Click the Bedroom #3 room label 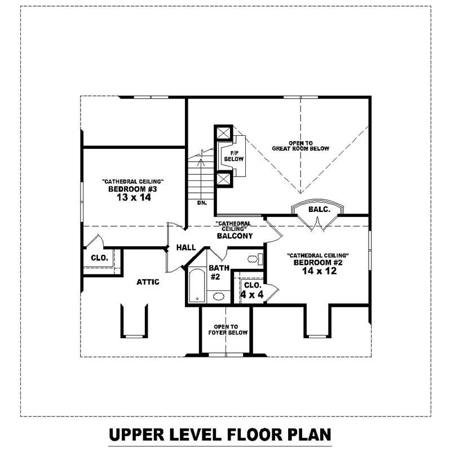tap(132, 189)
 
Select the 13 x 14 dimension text tap(132, 198)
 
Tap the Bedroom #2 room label tap(318, 263)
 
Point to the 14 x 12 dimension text tap(318, 272)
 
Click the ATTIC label tap(148, 282)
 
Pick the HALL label tap(185, 247)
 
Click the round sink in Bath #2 tap(218, 296)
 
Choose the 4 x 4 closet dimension tap(251, 294)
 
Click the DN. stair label tap(202, 202)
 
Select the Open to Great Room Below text tap(300, 145)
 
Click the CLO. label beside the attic tap(99, 258)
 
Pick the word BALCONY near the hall tap(235, 236)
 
